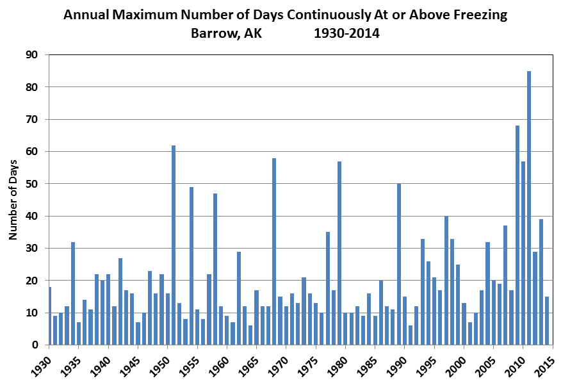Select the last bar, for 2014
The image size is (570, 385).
547,321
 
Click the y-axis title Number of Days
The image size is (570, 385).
13,200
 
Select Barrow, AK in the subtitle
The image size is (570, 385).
226,33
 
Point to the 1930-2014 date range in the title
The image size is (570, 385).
346,33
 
